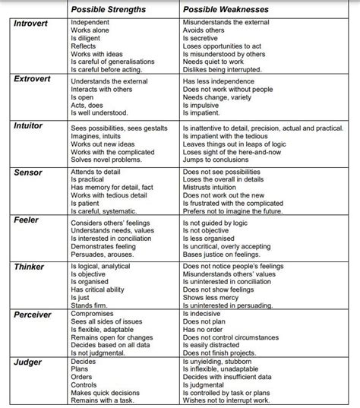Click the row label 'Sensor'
coord(28,173)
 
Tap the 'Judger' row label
coord(28,362)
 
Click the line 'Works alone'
coord(91,31)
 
